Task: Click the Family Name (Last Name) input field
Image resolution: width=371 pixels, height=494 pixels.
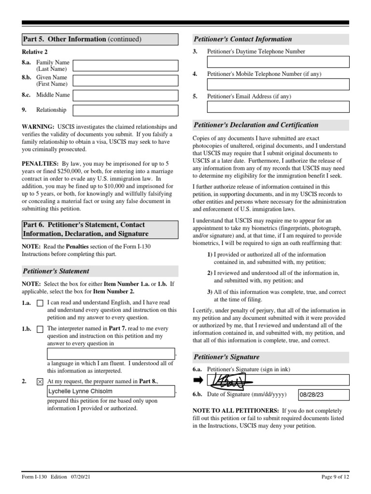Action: coord(125,66)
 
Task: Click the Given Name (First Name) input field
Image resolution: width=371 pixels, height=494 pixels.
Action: coord(125,81)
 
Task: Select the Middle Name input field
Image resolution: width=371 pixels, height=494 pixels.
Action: coord(125,96)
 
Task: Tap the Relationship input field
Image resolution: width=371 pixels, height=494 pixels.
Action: coord(125,110)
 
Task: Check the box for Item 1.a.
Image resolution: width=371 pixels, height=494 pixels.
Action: coord(40,303)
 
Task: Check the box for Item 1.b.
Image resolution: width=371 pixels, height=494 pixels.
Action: coord(40,329)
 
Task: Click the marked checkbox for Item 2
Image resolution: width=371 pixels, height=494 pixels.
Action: coord(40,382)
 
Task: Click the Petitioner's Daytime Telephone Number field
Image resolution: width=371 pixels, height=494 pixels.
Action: coord(278,62)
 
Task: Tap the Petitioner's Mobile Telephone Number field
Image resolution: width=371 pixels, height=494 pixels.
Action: coord(278,84)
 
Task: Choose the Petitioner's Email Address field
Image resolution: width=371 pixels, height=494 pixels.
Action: coord(278,107)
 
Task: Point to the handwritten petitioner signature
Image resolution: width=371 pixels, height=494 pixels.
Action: coord(228,380)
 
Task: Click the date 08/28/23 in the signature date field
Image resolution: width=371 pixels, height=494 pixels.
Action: coord(312,395)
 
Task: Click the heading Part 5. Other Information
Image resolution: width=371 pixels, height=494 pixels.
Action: coord(82,39)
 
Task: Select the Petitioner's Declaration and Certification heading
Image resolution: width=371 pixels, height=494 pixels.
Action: coord(256,125)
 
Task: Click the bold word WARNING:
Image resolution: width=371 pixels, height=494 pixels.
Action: coord(38,126)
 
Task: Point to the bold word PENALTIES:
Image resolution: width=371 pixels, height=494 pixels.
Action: coord(40,164)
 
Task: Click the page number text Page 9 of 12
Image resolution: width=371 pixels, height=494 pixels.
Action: coord(334,478)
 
